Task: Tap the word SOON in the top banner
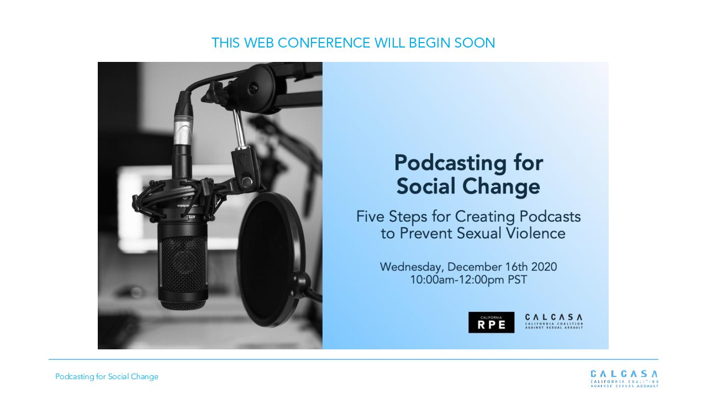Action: coord(474,43)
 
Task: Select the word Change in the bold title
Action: coord(502,187)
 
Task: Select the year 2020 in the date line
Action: coord(544,267)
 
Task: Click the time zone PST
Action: coord(518,280)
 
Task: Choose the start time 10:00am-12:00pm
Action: coord(457,280)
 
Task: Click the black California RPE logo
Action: coord(491,322)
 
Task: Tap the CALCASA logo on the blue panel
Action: coord(554,322)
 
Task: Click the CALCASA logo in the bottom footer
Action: coord(624,379)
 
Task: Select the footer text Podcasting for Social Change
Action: coord(107,376)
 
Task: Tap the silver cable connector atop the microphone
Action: coord(182,130)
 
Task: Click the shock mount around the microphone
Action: coord(180,198)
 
